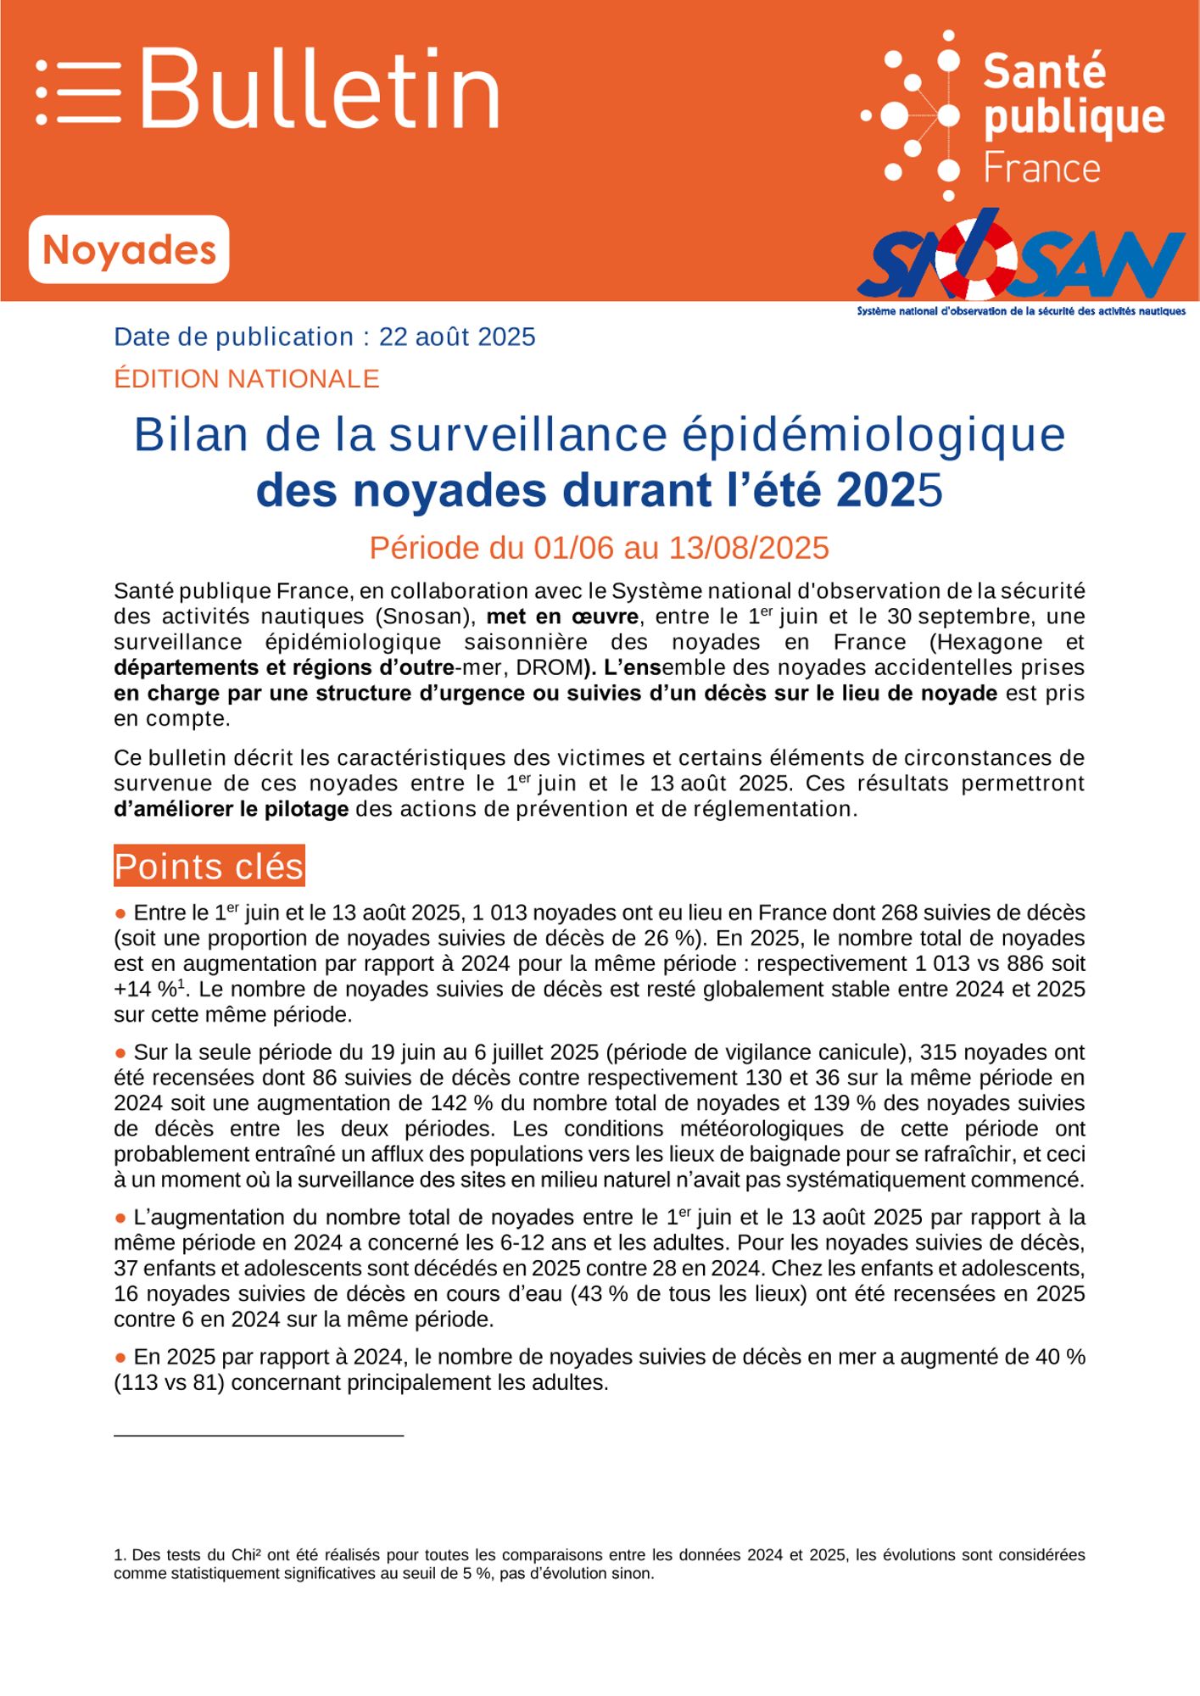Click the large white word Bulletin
coord(319,89)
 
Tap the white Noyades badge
coord(129,249)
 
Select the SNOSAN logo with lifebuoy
coord(1021,259)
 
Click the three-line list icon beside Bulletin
coord(78,92)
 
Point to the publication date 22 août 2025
coord(456,338)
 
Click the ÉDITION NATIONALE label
coord(247,378)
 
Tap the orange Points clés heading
coord(209,867)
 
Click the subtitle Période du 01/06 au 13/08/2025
coord(599,548)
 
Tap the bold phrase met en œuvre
coord(562,616)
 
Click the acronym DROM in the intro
coord(548,667)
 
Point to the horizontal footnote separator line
coord(259,1436)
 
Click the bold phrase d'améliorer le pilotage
coord(232,809)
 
